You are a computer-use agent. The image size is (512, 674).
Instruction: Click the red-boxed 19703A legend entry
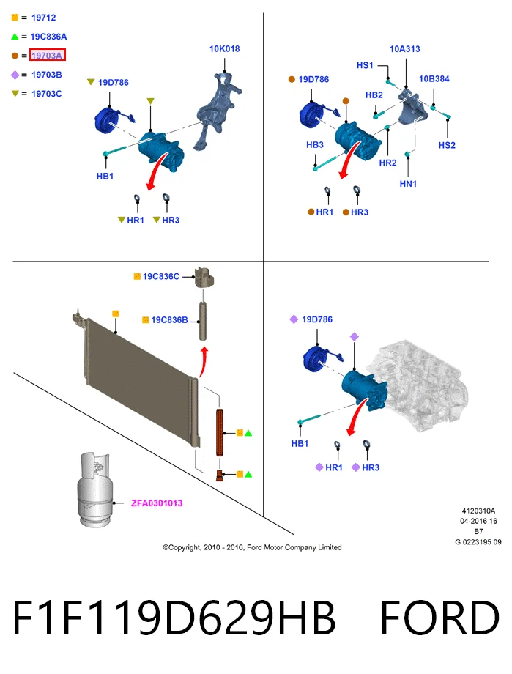pyautogui.click(x=48, y=55)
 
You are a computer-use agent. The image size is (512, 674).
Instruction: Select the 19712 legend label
pyautogui.click(x=43, y=18)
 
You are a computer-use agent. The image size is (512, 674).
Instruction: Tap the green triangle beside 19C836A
pyautogui.click(x=15, y=37)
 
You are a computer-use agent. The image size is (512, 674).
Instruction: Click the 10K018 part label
pyautogui.click(x=224, y=49)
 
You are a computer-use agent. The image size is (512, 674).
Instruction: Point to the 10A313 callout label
pyautogui.click(x=404, y=49)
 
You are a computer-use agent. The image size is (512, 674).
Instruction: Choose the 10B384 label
pyautogui.click(x=434, y=78)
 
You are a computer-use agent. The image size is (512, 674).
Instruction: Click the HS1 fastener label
pyautogui.click(x=365, y=65)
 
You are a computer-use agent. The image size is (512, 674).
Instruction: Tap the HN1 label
pyautogui.click(x=408, y=184)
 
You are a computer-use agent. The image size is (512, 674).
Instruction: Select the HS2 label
pyautogui.click(x=447, y=145)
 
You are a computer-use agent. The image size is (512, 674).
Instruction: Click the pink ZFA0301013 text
pyautogui.click(x=157, y=503)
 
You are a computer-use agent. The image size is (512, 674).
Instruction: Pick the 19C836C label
pyautogui.click(x=161, y=276)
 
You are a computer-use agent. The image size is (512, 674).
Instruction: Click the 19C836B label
pyautogui.click(x=169, y=320)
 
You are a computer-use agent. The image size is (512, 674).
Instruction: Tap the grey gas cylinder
pyautogui.click(x=94, y=489)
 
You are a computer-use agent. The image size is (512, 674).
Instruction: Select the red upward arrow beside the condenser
pyautogui.click(x=204, y=363)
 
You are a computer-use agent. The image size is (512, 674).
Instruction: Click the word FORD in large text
pyautogui.click(x=439, y=618)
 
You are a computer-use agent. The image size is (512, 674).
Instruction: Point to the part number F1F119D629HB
pyautogui.click(x=174, y=618)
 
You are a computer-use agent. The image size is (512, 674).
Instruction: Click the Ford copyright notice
pyautogui.click(x=253, y=547)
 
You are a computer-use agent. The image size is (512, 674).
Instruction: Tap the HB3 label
pyautogui.click(x=315, y=145)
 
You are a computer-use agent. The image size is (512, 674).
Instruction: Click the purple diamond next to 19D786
pyautogui.click(x=294, y=319)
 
